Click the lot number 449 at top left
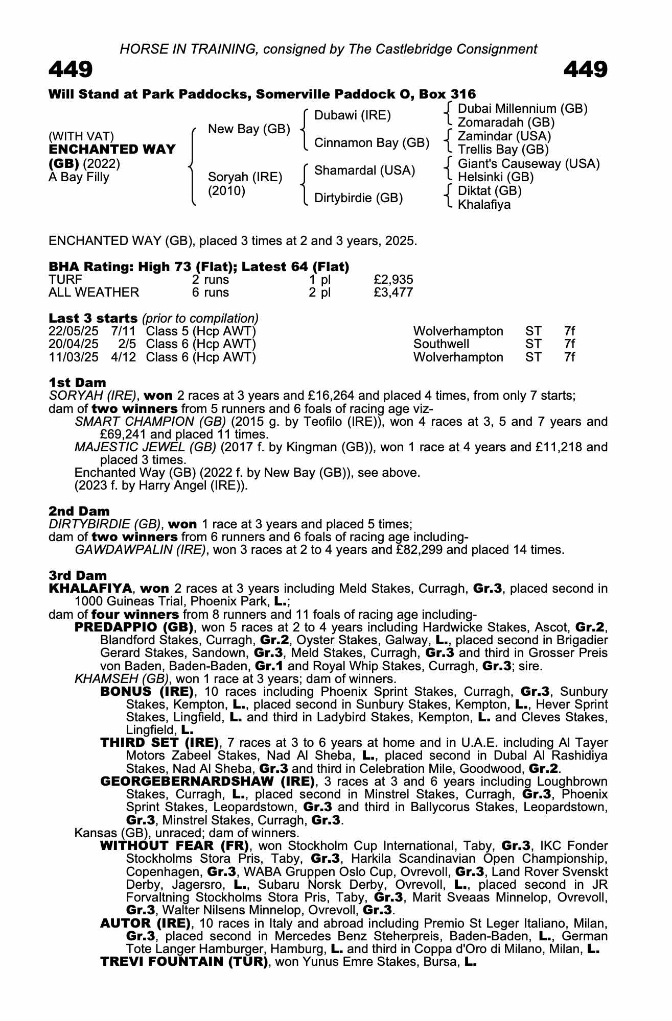pyautogui.click(x=71, y=69)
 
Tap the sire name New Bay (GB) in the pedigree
pyautogui.click(x=249, y=129)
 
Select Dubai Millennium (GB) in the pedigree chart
pyautogui.click(x=522, y=109)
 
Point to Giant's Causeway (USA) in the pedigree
pyautogui.click(x=528, y=164)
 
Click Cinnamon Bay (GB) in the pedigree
pyautogui.click(x=372, y=143)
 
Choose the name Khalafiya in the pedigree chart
pyautogui.click(x=484, y=205)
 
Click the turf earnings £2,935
pyautogui.click(x=393, y=280)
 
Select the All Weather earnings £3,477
pyautogui.click(x=393, y=293)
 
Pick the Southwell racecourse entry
pyautogui.click(x=441, y=344)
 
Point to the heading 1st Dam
pyautogui.click(x=78, y=382)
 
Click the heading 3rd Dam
pyautogui.click(x=78, y=575)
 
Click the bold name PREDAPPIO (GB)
pyautogui.click(x=134, y=627)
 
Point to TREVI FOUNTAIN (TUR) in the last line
pyautogui.click(x=184, y=962)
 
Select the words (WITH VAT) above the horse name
pyautogui.click(x=81, y=136)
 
